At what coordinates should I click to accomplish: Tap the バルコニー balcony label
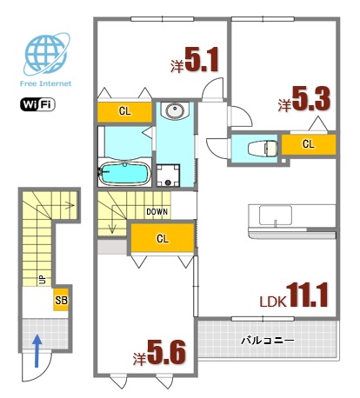[x=266, y=341]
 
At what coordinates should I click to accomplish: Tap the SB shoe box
[x=61, y=300]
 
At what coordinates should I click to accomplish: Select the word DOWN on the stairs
[x=157, y=211]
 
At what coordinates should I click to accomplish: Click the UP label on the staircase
[x=42, y=280]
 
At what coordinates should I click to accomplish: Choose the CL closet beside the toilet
[x=309, y=144]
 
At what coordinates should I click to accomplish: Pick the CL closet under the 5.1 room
[x=124, y=111]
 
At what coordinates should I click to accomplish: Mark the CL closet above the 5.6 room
[x=162, y=238]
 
